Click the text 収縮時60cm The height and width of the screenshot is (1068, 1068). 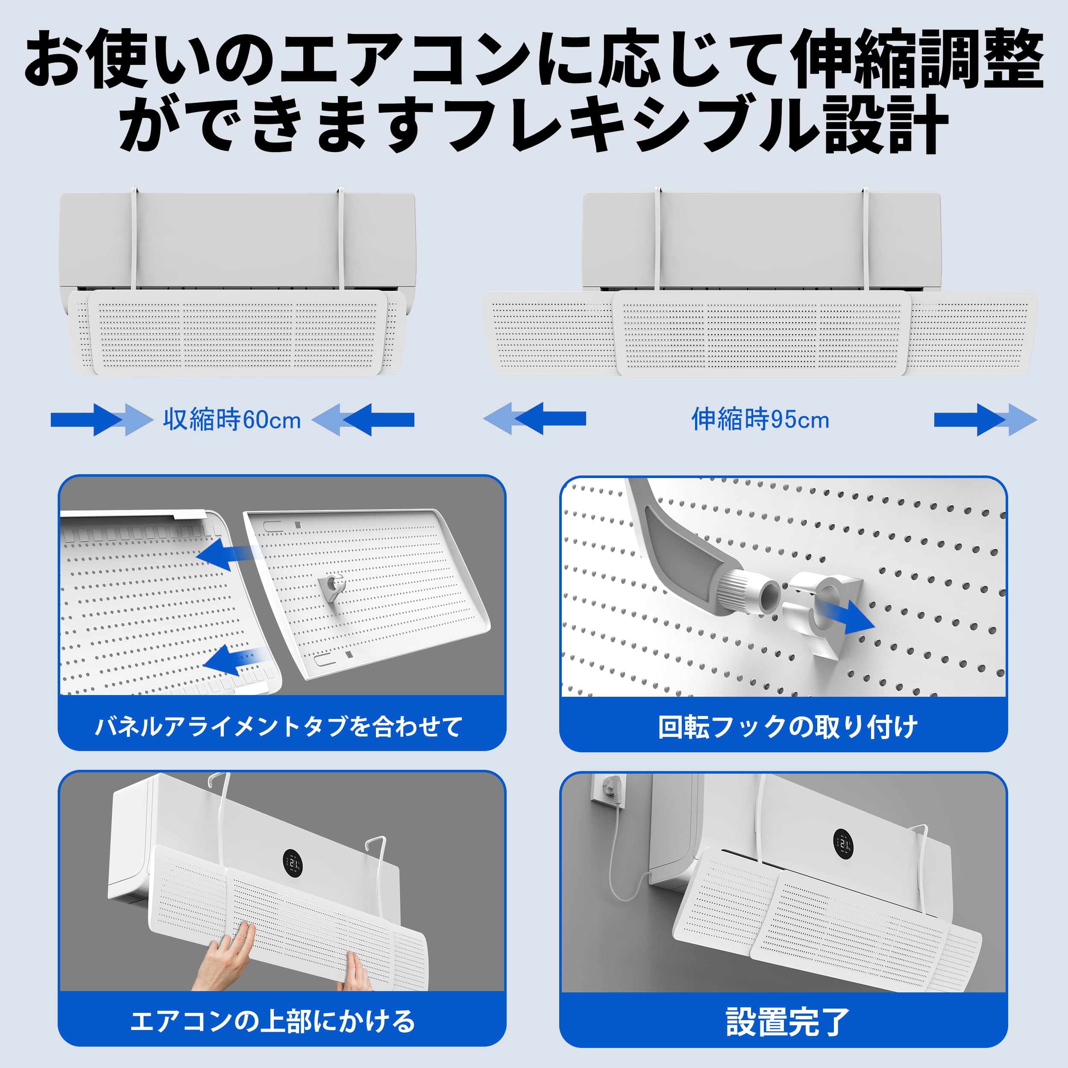(232, 420)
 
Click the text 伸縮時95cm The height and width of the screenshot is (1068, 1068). (760, 420)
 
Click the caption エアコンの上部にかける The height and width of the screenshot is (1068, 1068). (273, 1021)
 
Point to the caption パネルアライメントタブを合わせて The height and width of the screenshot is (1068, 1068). (279, 726)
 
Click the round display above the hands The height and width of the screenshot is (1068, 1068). (293, 863)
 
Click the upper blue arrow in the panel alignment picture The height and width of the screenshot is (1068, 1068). (227, 555)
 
